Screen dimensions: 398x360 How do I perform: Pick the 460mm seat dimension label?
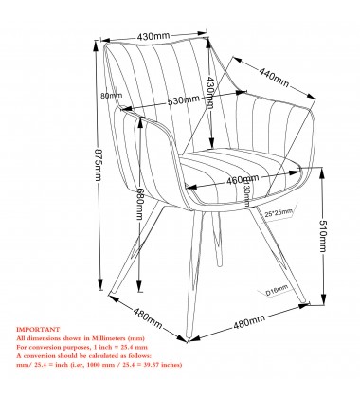(x=243, y=181)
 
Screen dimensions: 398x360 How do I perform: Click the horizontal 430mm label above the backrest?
(x=153, y=37)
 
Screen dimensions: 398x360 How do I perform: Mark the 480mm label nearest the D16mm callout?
(x=249, y=324)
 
